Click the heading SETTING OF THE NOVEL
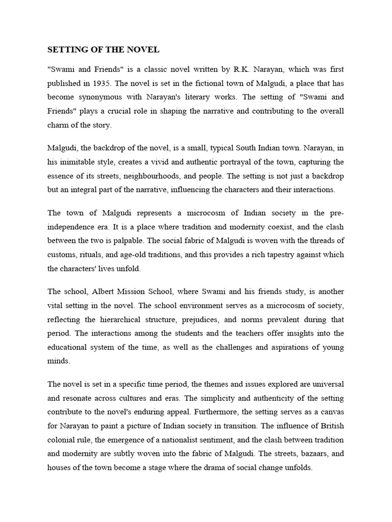[104, 50]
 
